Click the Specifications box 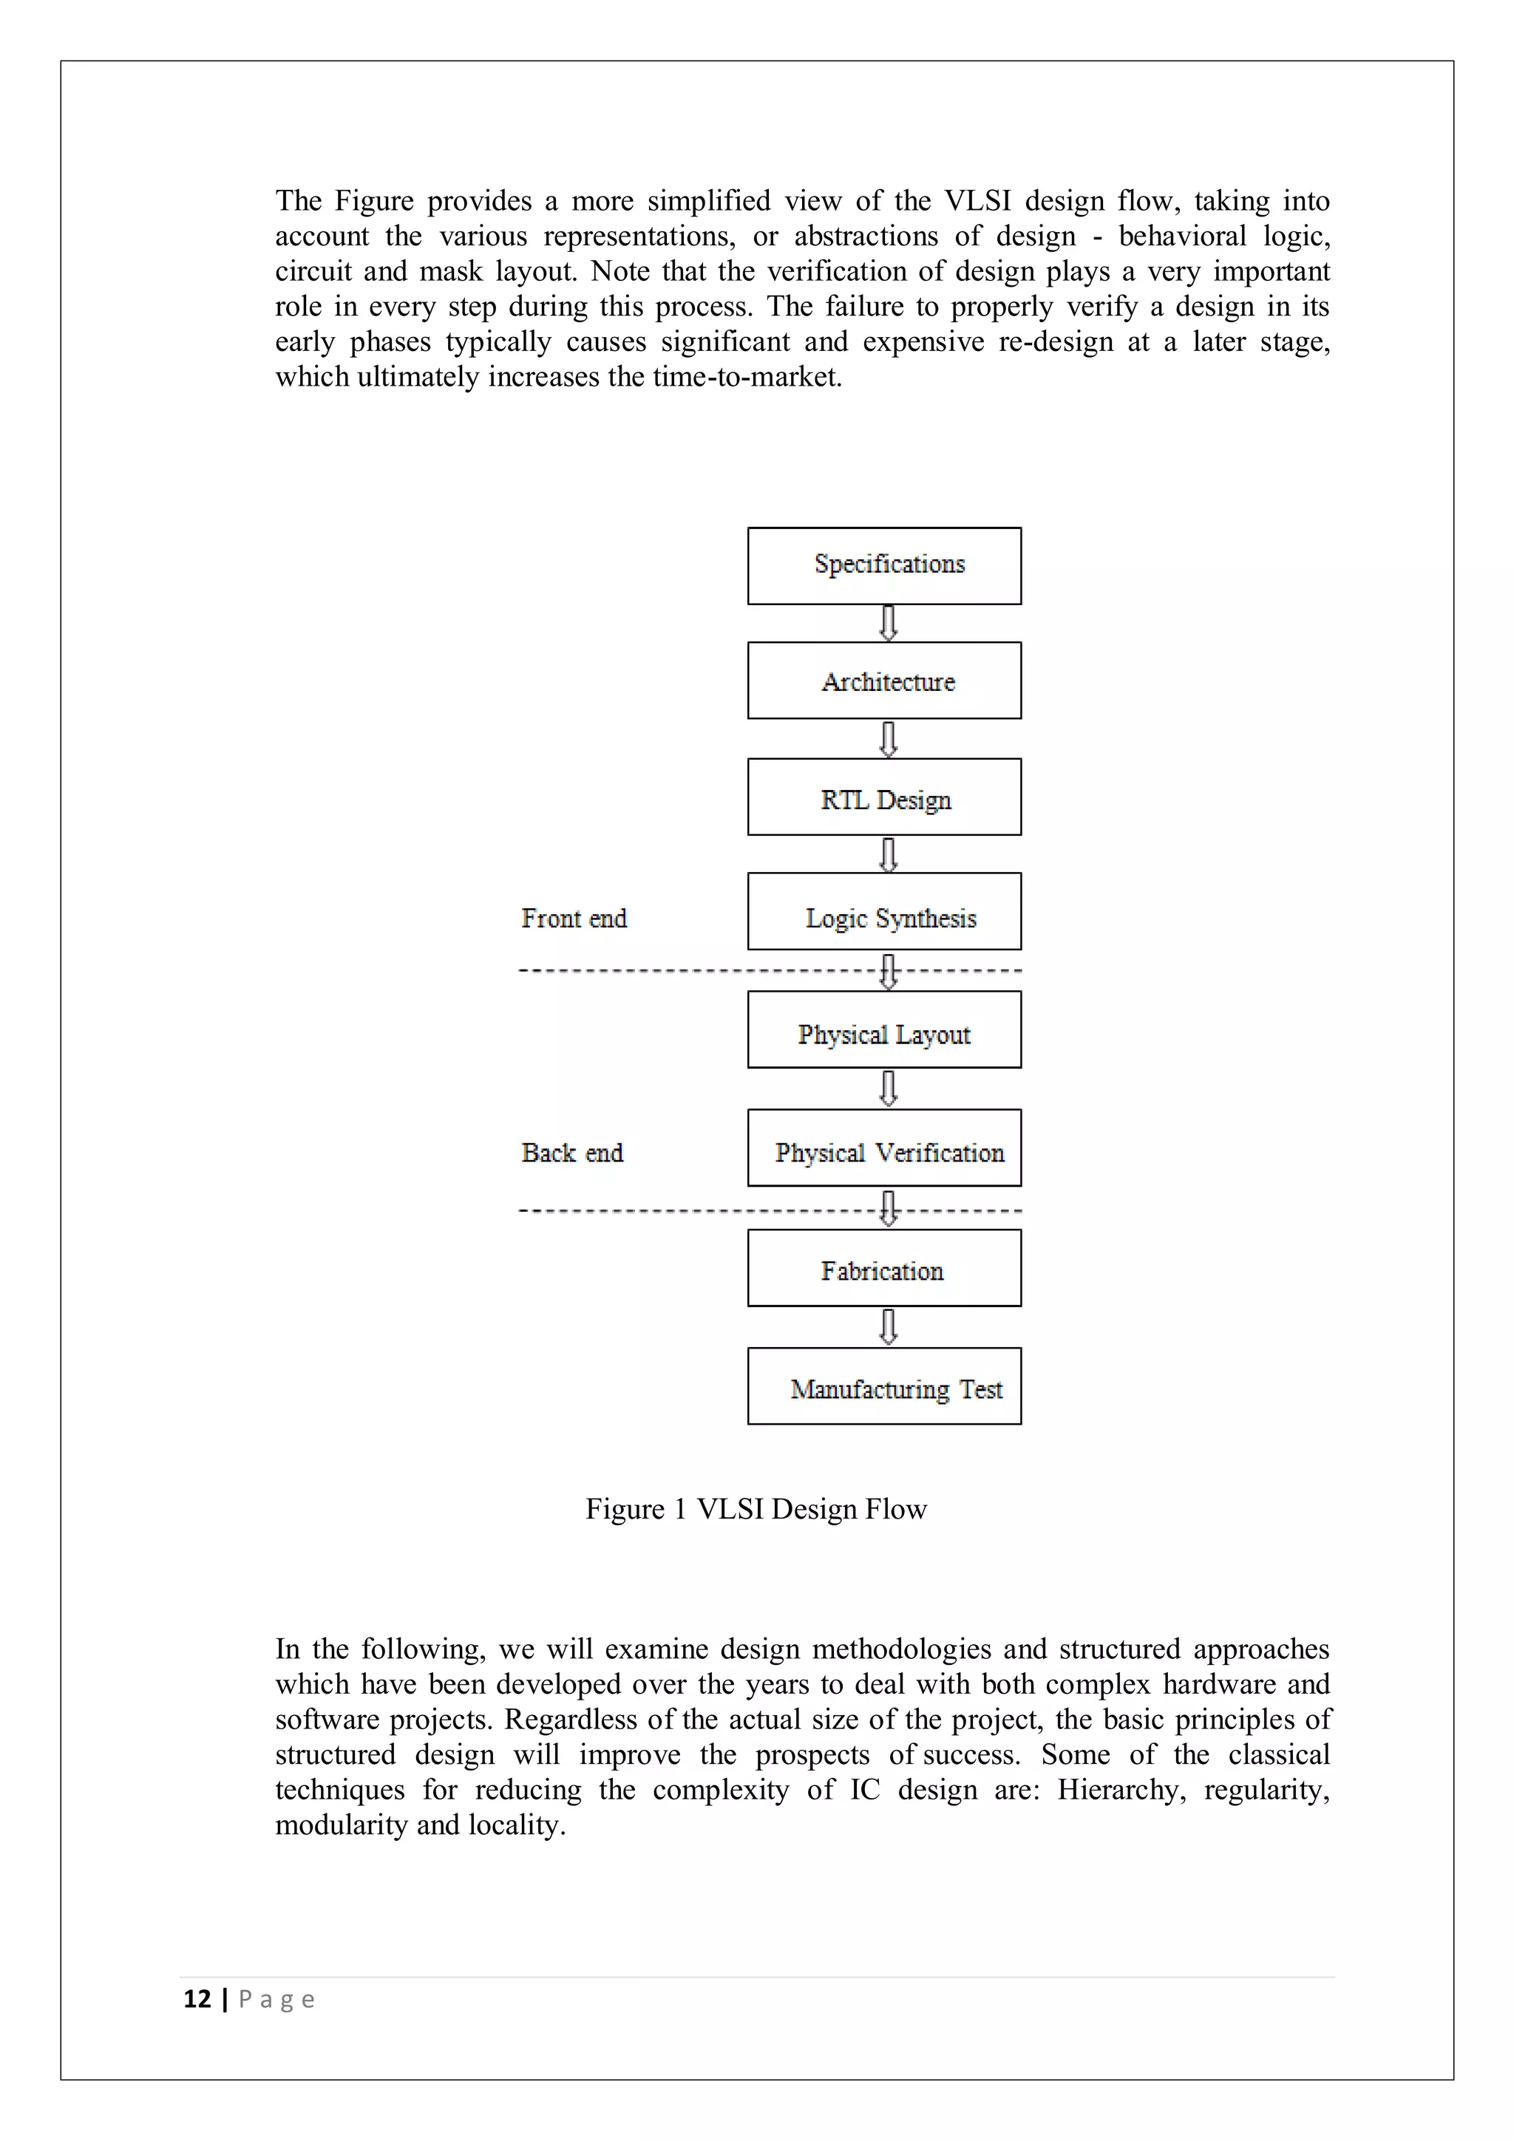tap(884, 566)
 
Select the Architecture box tap(884, 681)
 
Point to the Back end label tap(571, 1153)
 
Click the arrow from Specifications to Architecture tap(889, 624)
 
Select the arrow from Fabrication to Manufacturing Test tap(889, 1326)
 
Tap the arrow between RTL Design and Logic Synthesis tap(889, 853)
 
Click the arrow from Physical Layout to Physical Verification tap(889, 1088)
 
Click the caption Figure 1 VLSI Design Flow tap(756, 1509)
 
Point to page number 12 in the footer tap(197, 2000)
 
